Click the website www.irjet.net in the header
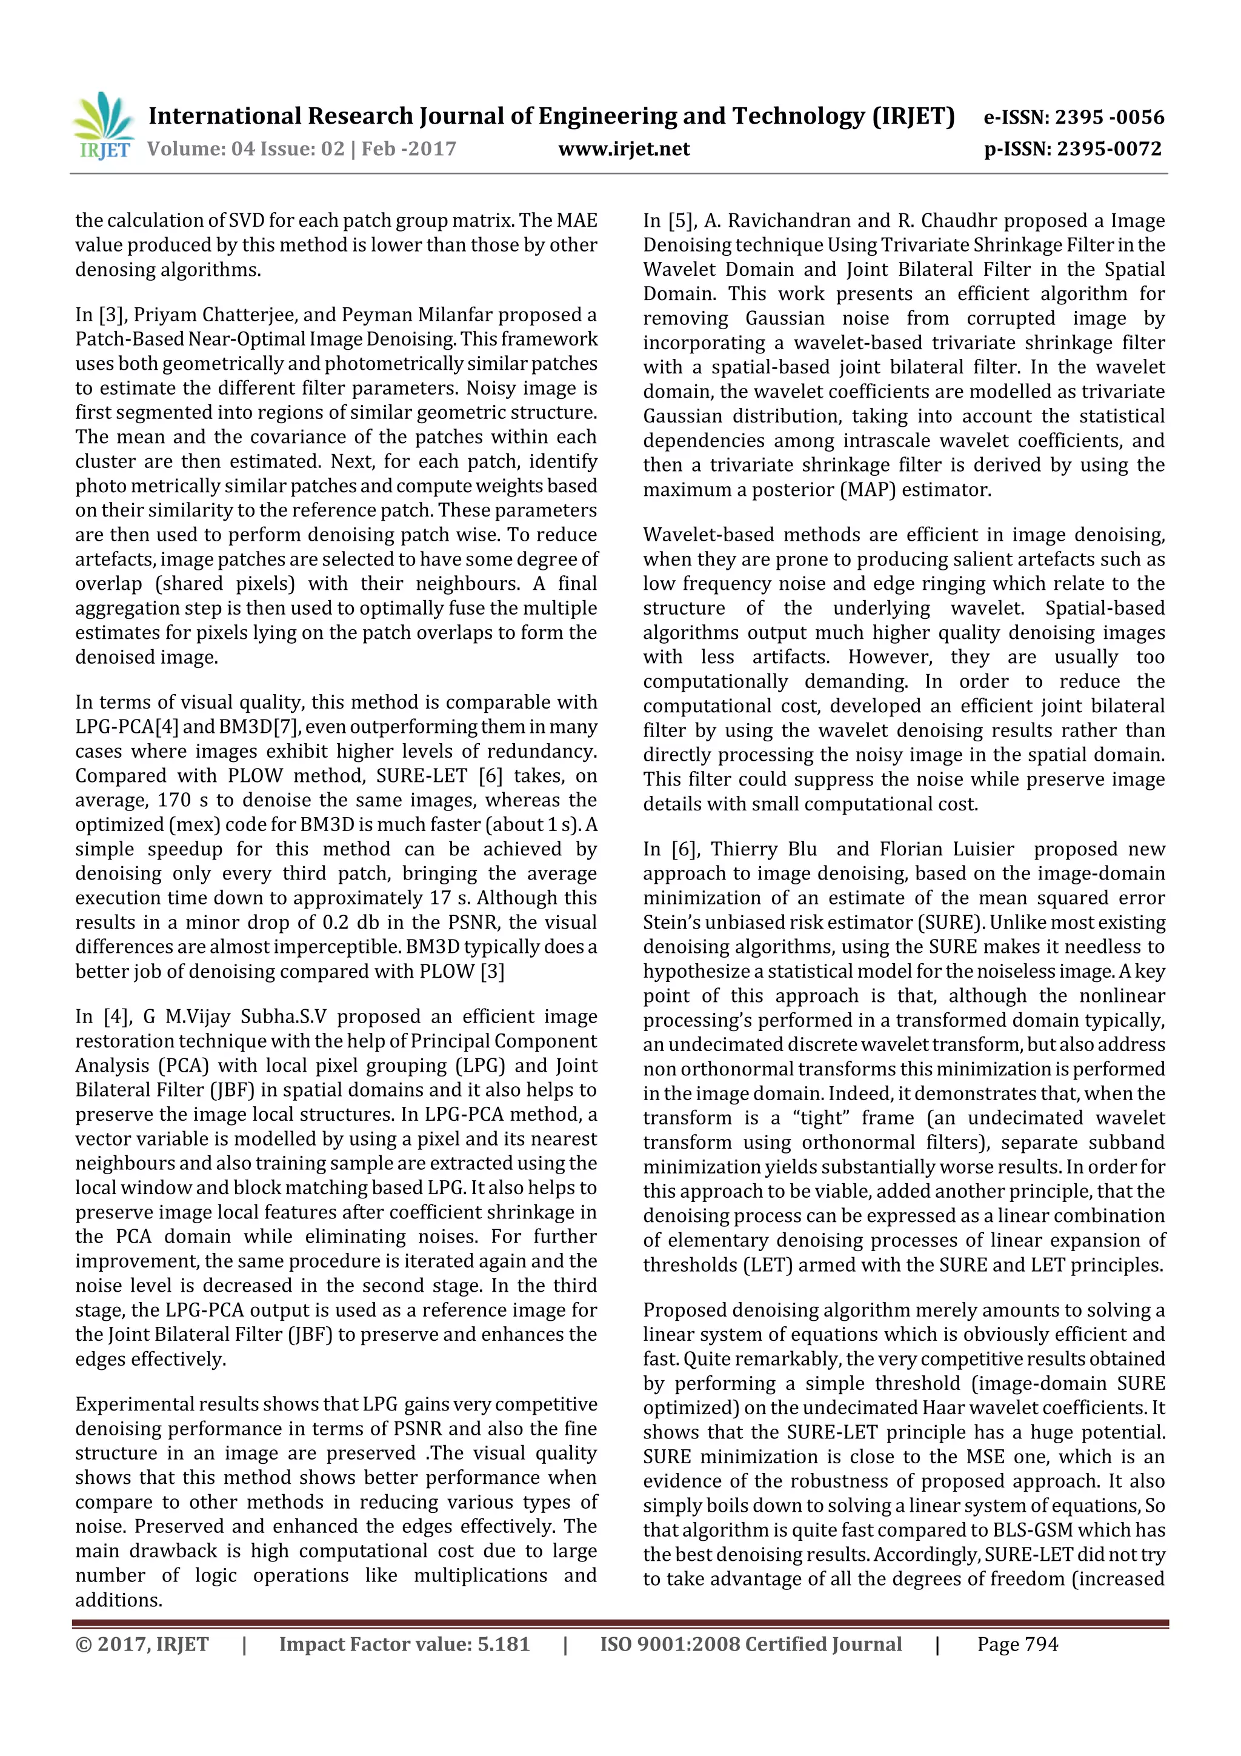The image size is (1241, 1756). coord(624,149)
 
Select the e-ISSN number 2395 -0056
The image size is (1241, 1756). coord(1110,117)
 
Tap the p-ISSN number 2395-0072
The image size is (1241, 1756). coord(1109,149)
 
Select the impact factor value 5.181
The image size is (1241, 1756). coord(503,1644)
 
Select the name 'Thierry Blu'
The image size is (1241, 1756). coord(763,849)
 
